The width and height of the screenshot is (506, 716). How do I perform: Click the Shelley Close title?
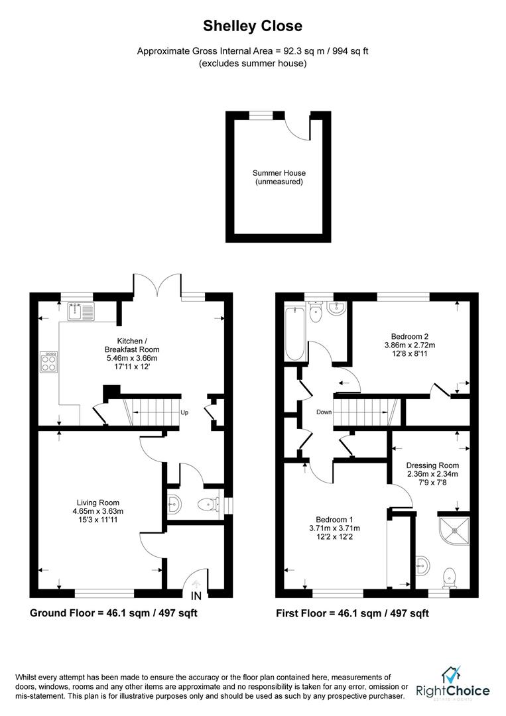pyautogui.click(x=253, y=27)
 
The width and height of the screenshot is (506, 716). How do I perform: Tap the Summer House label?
pyautogui.click(x=279, y=177)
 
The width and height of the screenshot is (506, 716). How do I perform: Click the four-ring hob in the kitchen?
pyautogui.click(x=50, y=361)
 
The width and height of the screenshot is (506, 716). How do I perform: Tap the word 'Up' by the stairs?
pyautogui.click(x=185, y=412)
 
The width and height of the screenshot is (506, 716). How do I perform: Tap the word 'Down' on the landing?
pyautogui.click(x=324, y=412)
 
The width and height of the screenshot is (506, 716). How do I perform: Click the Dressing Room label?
pyautogui.click(x=432, y=475)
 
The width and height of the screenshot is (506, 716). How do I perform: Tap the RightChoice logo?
pyautogui.click(x=453, y=686)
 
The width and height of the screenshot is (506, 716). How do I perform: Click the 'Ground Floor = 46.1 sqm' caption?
pyautogui.click(x=113, y=613)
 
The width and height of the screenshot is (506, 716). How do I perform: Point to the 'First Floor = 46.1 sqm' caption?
pyautogui.click(x=352, y=613)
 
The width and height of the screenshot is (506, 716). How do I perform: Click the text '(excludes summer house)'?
pyautogui.click(x=253, y=64)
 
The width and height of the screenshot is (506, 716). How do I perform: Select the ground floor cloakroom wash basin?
pyautogui.click(x=173, y=505)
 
